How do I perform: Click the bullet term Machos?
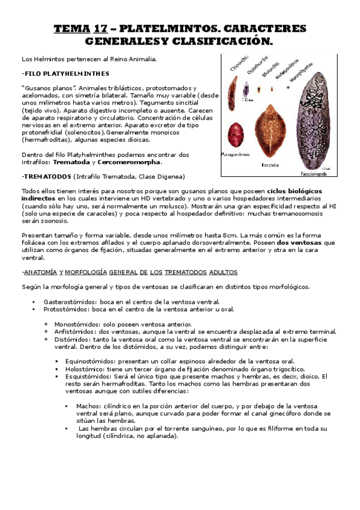(x=88, y=406)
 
